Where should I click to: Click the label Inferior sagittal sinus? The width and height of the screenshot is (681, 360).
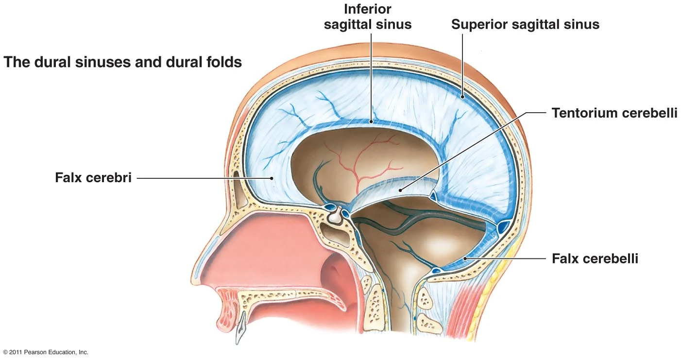click(x=368, y=17)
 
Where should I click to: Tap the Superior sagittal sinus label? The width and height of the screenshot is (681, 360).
click(x=525, y=24)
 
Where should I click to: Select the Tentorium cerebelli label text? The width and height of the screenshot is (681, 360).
click(x=614, y=113)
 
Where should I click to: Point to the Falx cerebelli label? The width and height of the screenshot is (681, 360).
click(x=595, y=259)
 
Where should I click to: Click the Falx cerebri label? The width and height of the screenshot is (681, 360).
click(x=93, y=177)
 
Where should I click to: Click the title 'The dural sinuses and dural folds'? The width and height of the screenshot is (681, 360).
click(x=122, y=62)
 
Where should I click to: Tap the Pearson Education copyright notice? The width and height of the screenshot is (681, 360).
click(x=46, y=352)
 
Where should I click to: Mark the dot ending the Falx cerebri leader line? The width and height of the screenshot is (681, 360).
click(x=272, y=178)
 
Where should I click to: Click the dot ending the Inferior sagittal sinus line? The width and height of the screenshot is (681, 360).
click(x=371, y=121)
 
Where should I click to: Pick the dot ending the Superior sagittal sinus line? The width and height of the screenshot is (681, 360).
click(x=462, y=97)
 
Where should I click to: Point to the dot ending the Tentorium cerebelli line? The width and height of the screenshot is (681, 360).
click(x=400, y=190)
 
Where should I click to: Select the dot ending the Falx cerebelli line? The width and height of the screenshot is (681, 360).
click(x=465, y=259)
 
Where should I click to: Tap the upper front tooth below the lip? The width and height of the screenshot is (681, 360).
click(x=241, y=328)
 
